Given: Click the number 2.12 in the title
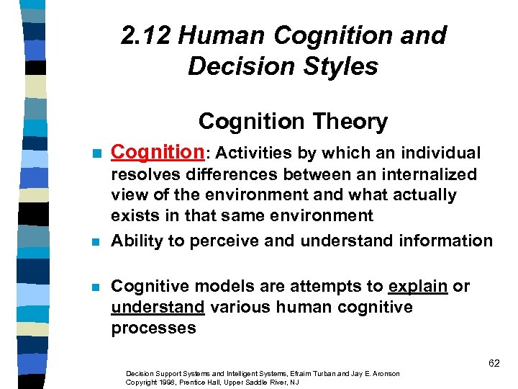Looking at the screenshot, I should [x=145, y=35].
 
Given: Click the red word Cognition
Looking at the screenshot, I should [x=158, y=153].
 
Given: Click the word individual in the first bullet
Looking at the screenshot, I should [x=440, y=153].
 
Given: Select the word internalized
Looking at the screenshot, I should [x=418, y=174].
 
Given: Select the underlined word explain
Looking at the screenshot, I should [x=418, y=286].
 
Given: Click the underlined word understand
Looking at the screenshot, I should [x=158, y=308].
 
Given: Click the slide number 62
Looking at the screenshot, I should [x=494, y=363].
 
